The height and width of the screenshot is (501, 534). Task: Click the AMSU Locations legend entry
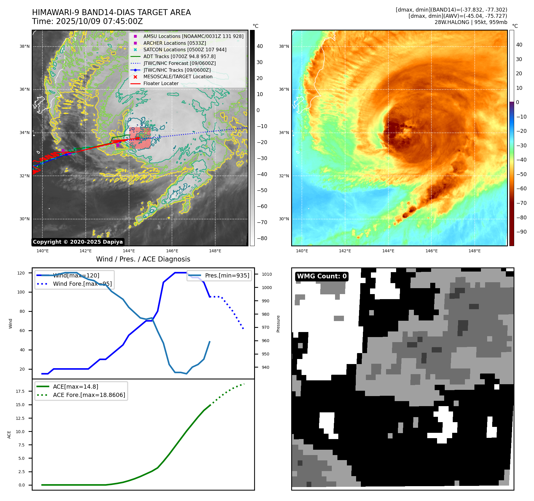pyautogui.click(x=193, y=36)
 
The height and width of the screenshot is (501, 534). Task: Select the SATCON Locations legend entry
pyautogui.click(x=185, y=50)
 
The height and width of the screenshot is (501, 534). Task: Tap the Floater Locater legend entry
pyautogui.click(x=161, y=83)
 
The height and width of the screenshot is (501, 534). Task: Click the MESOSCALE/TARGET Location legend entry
pyautogui.click(x=178, y=76)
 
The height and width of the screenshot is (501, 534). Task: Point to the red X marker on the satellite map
pyautogui.click(x=138, y=138)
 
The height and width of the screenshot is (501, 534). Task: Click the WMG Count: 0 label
pyautogui.click(x=322, y=276)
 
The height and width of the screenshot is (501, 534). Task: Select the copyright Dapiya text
pyautogui.click(x=78, y=242)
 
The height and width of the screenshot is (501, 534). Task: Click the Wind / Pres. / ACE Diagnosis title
pyautogui.click(x=143, y=259)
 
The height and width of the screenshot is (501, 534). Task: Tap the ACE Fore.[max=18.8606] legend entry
pyautogui.click(x=89, y=395)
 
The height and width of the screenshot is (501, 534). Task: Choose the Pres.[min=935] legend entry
pyautogui.click(x=227, y=275)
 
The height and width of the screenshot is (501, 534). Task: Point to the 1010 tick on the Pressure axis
pyautogui.click(x=267, y=274)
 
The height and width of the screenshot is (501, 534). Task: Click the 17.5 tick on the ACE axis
pyautogui.click(x=20, y=391)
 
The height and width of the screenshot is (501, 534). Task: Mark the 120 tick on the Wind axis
pyautogui.click(x=21, y=273)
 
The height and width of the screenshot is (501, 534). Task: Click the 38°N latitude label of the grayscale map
pyautogui.click(x=25, y=46)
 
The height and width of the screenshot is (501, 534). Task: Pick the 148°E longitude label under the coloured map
pyautogui.click(x=474, y=251)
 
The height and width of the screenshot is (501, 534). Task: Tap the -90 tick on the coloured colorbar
pyautogui.click(x=521, y=232)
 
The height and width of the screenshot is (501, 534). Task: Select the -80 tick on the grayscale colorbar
pyautogui.click(x=262, y=238)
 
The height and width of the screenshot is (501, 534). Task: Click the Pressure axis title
pyautogui.click(x=278, y=324)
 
